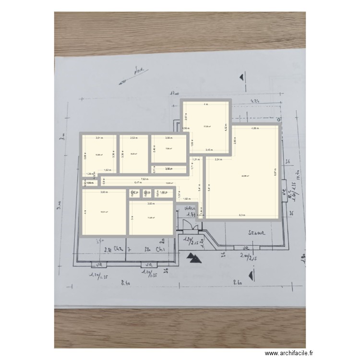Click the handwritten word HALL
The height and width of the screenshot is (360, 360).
tap(191, 208)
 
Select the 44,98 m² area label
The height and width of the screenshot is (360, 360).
tap(245, 176)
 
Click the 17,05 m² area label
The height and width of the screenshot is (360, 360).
tap(207, 127)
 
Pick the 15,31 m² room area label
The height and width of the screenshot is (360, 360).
tap(104, 212)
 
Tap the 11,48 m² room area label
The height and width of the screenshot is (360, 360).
tap(151, 218)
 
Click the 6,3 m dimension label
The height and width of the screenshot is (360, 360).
tap(242, 216)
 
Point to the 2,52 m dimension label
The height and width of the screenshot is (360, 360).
tap(133, 138)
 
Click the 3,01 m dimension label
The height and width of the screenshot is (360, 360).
tap(99, 138)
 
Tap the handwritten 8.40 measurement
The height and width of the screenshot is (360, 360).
tap(126, 283)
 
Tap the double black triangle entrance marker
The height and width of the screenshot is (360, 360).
tap(194, 258)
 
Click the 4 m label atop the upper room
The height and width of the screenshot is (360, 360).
tap(206, 104)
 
